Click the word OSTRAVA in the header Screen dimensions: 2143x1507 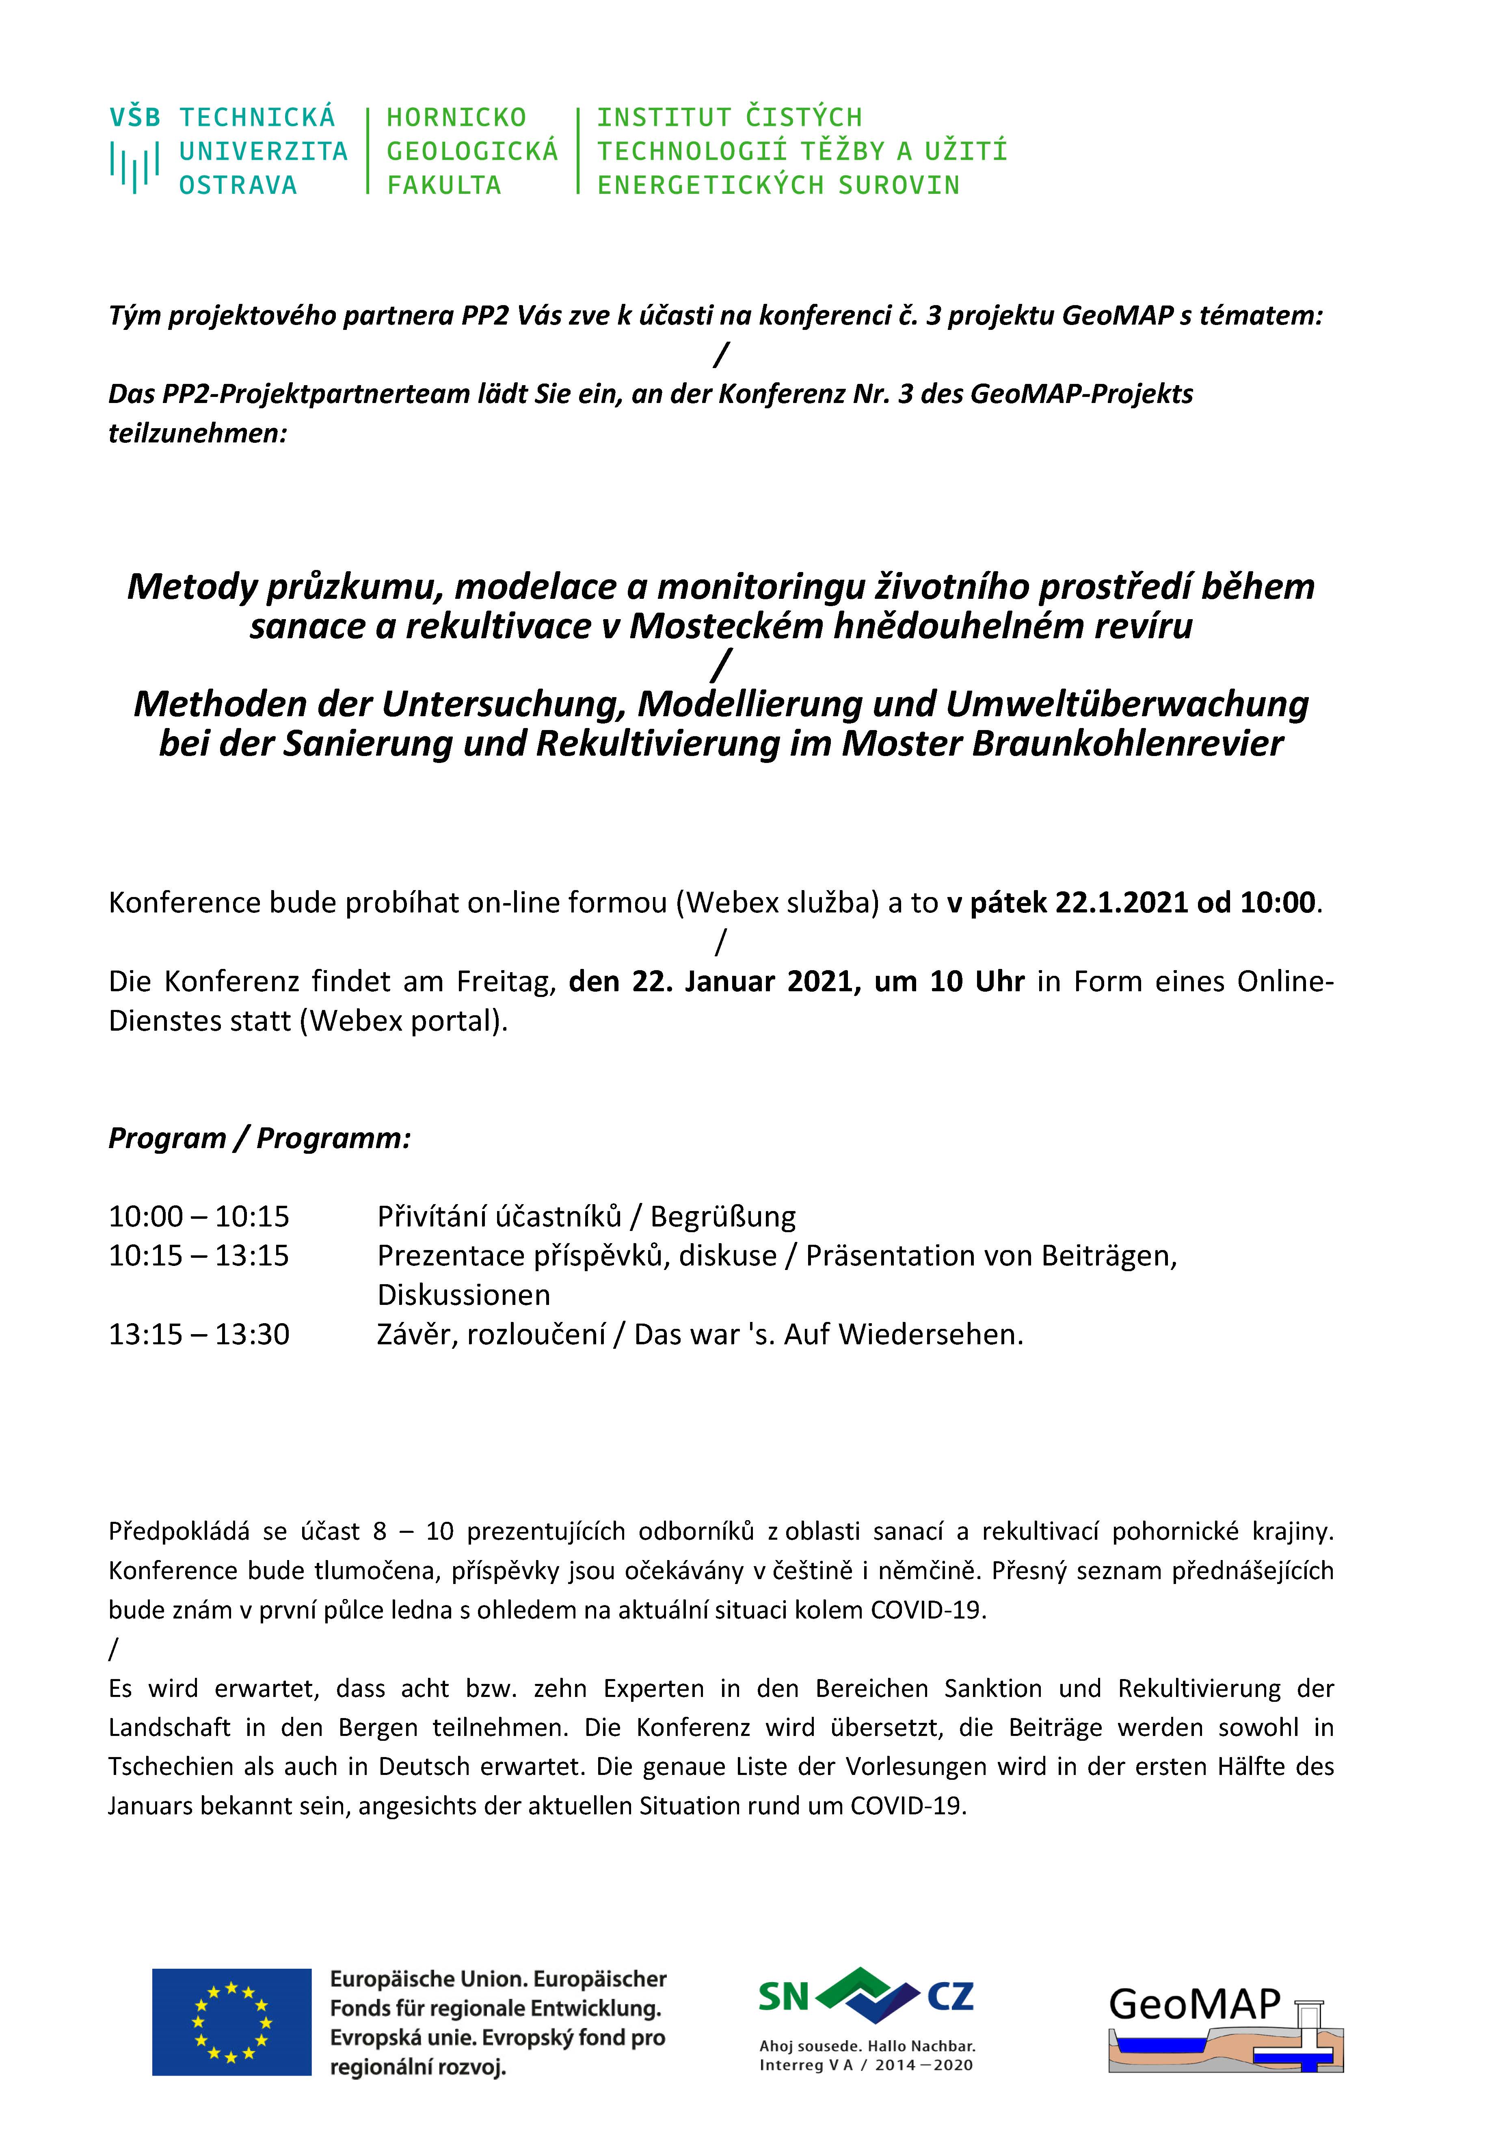238,186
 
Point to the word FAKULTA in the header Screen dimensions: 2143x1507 444,186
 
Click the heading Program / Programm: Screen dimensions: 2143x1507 259,1138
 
